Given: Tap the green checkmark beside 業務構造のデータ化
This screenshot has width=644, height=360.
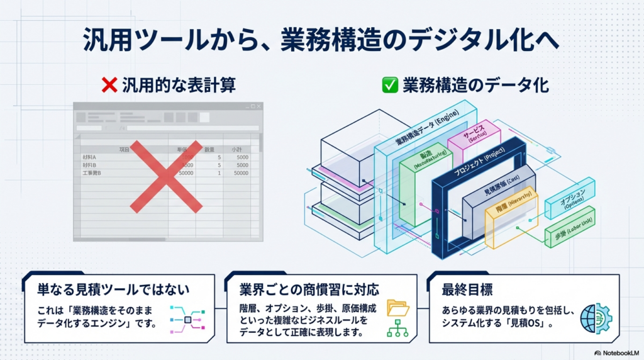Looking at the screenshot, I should point(390,85).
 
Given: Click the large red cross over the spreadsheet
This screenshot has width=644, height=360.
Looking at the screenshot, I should point(166,176).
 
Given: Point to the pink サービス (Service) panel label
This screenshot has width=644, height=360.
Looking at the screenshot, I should point(474,136).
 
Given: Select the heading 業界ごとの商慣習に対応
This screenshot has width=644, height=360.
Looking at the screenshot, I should point(309,290).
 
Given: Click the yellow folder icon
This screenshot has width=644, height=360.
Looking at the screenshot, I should point(398,307).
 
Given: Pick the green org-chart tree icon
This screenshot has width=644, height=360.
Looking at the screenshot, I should point(398,329).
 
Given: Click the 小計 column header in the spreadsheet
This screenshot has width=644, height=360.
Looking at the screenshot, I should point(237,150).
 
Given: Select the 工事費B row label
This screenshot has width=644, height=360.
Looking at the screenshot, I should point(92,172).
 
